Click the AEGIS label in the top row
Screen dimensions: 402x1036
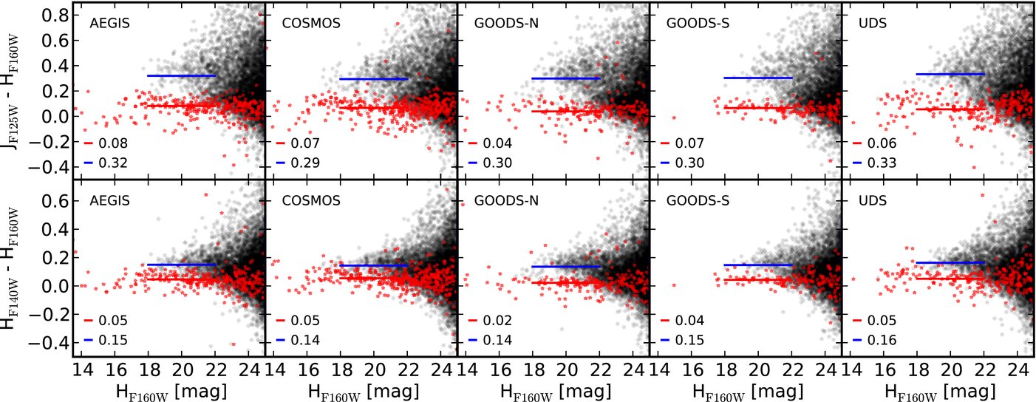109,23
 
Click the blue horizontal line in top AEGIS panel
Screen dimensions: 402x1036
181,75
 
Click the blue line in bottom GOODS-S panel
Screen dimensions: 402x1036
757,265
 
